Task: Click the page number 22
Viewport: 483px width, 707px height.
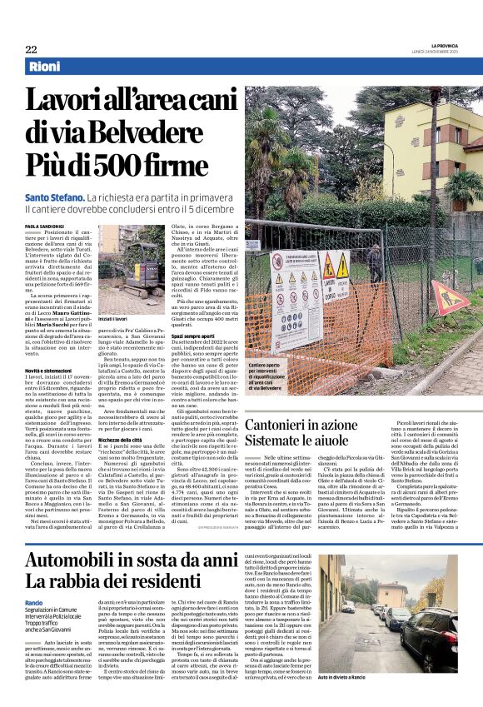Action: [31, 49]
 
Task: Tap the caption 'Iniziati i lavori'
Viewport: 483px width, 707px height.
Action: [113, 319]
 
